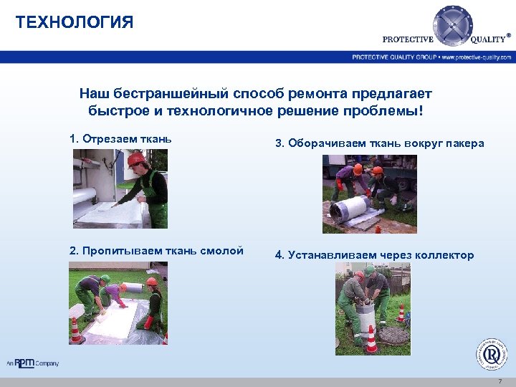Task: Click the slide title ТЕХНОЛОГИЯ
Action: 75,22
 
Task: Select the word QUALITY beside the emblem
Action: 488,39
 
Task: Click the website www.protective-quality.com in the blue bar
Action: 477,57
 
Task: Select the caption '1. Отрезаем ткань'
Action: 120,138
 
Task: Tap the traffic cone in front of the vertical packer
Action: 371,339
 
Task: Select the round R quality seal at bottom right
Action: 492,353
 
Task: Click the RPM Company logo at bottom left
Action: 33,363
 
